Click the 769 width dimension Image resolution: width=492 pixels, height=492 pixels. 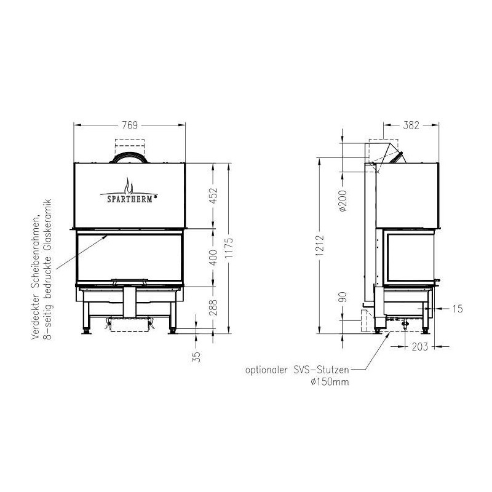click(130, 125)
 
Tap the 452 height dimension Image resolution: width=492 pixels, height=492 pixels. click(213, 196)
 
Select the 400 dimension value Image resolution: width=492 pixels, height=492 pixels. click(213, 258)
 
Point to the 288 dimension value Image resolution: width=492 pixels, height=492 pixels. click(213, 308)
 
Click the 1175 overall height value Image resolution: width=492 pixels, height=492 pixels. click(229, 248)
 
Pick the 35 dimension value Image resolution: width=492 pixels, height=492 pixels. click(196, 357)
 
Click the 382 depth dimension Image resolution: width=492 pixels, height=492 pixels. click(411, 125)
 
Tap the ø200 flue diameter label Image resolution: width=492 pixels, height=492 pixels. click(343, 201)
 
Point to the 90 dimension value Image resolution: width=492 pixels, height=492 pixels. click(343, 297)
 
